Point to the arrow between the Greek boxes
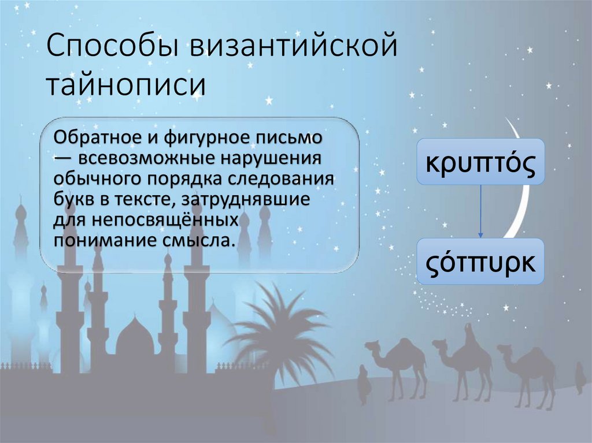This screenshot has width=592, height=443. coord(479,211)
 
